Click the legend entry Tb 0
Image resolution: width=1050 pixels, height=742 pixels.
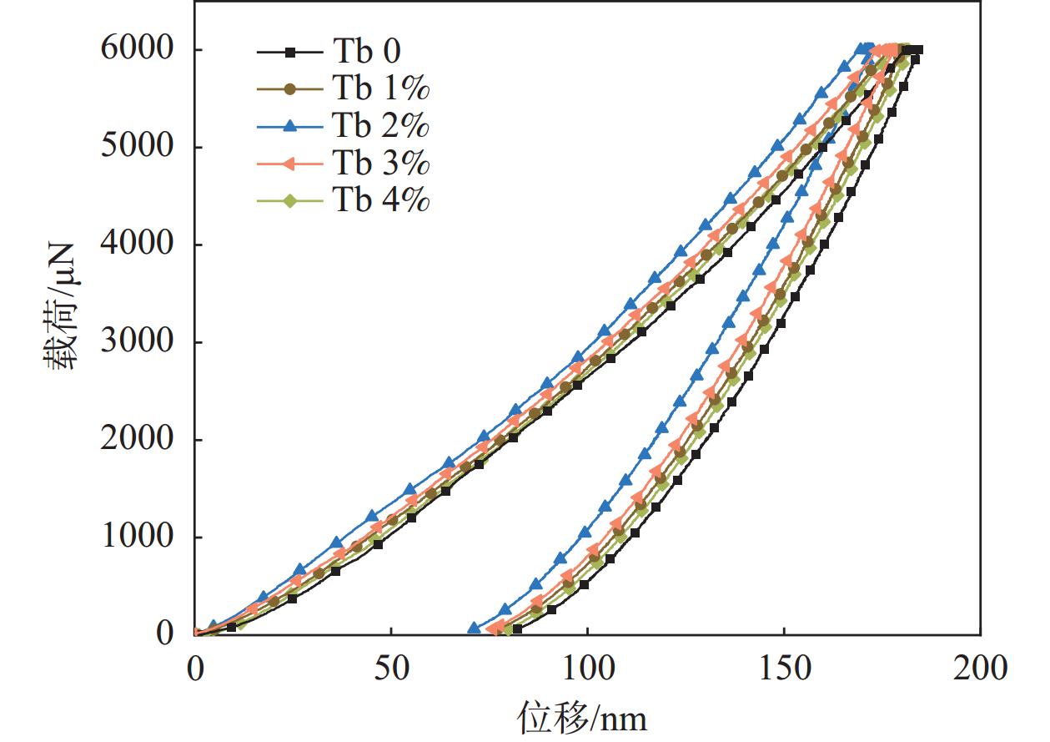[366, 53]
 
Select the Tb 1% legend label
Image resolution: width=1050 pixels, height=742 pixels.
[381, 89]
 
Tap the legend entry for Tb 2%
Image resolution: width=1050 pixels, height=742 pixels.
[381, 127]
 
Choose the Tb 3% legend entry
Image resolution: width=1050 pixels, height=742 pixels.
[381, 164]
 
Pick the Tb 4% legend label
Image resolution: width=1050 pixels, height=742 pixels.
[381, 200]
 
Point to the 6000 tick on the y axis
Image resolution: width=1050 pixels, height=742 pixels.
[139, 50]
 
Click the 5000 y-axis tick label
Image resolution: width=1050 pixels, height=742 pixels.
[139, 148]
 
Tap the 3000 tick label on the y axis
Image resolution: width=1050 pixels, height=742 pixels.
[139, 342]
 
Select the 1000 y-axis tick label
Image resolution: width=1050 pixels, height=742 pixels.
[139, 537]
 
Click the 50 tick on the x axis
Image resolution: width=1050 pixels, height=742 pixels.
[391, 669]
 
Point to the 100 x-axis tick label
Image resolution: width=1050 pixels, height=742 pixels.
[588, 669]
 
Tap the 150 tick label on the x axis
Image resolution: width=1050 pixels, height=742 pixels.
[784, 669]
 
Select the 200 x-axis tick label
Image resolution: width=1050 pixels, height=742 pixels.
[981, 669]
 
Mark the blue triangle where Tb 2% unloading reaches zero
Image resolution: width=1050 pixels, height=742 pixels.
[475, 628]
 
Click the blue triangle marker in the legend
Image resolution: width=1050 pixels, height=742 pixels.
[289, 127]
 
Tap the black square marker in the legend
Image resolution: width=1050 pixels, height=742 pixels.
[289, 53]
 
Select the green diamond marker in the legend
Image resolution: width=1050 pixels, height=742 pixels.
[289, 200]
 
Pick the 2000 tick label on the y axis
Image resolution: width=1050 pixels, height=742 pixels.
[139, 440]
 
